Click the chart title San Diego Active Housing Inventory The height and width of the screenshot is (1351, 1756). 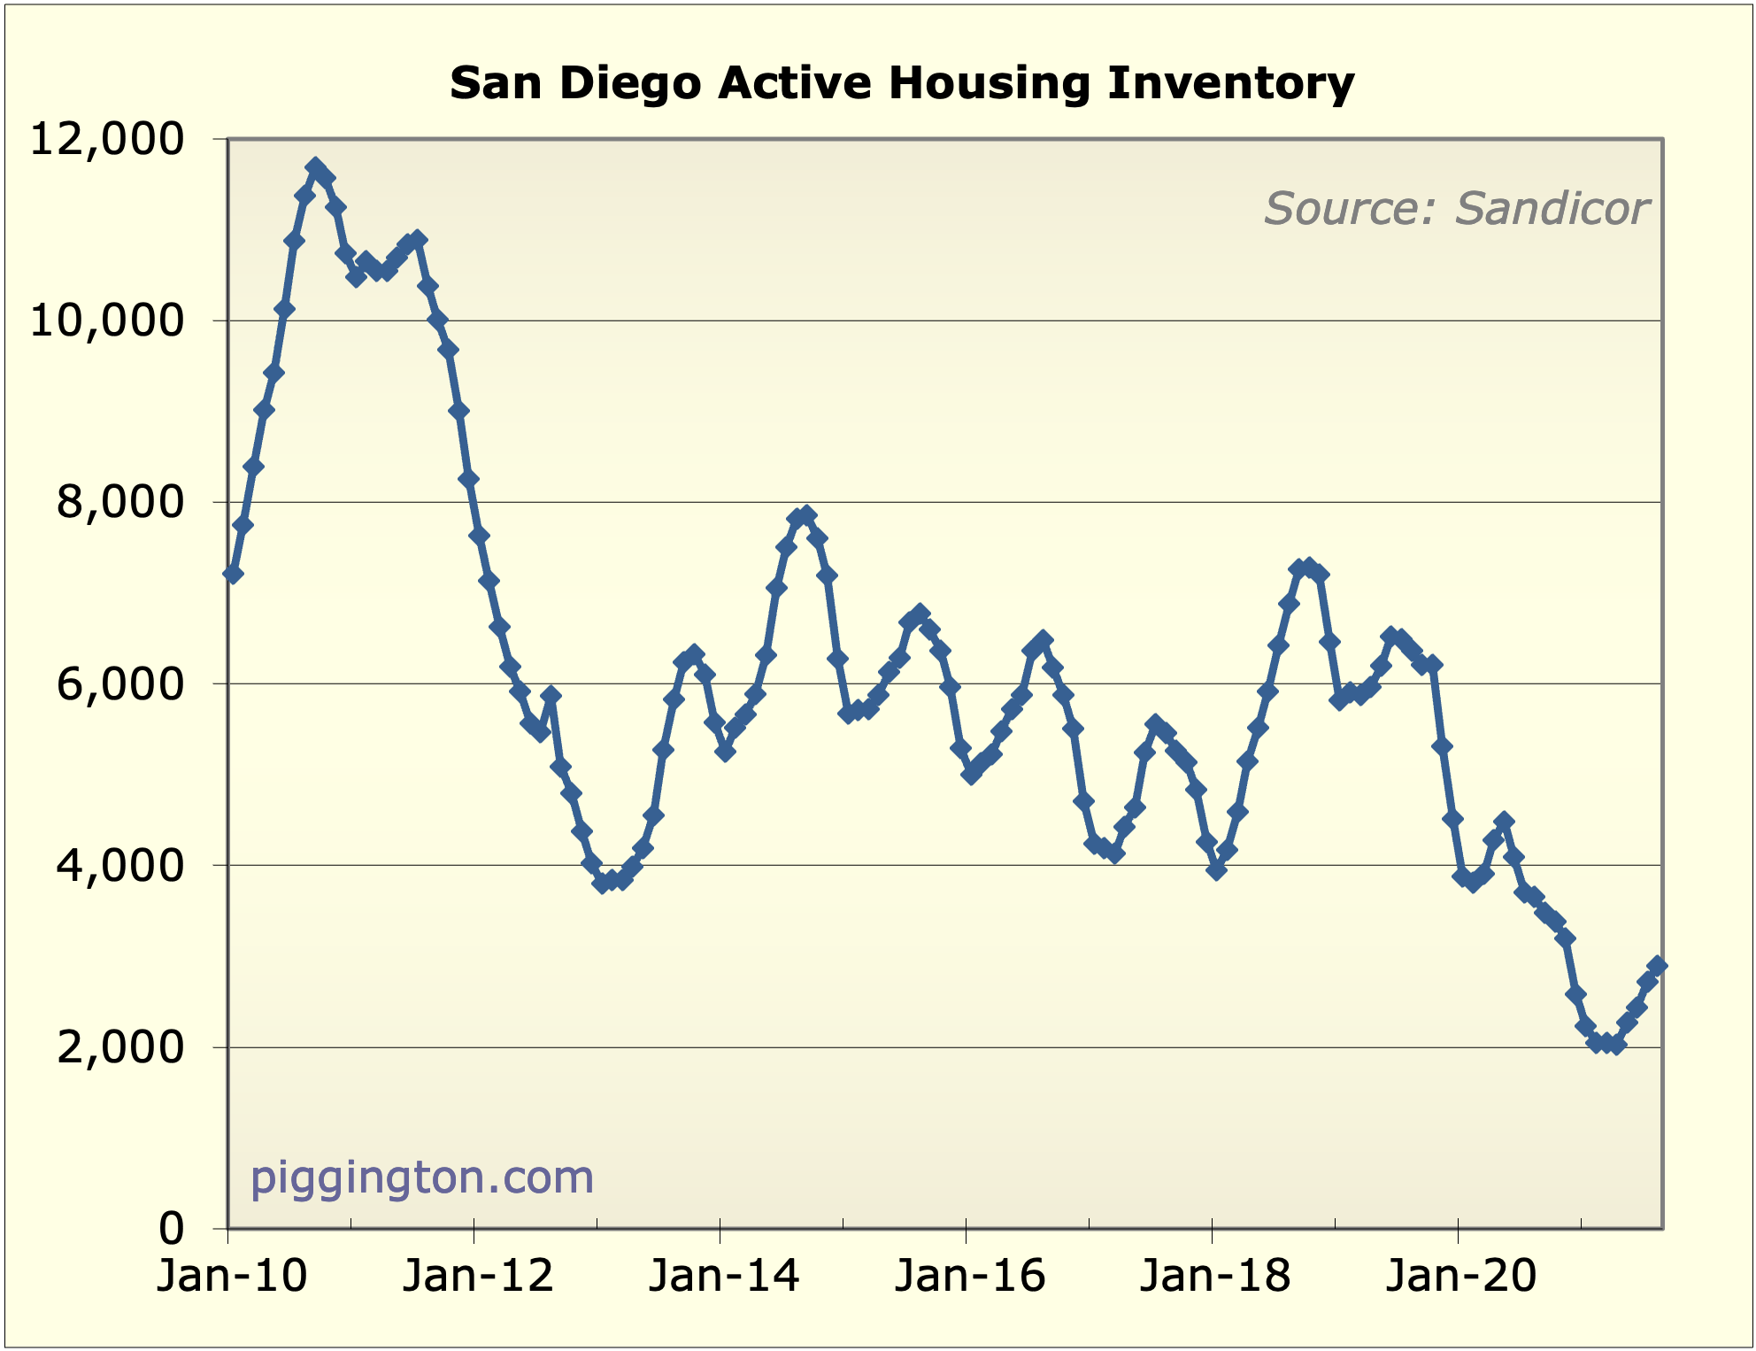click(901, 83)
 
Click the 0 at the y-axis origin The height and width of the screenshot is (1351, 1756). click(171, 1229)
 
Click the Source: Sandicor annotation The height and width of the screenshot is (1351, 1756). click(1456, 209)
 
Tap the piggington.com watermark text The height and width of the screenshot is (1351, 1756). click(421, 1177)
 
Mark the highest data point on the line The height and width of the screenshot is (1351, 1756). click(315, 166)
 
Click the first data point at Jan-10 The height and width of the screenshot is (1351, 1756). click(233, 575)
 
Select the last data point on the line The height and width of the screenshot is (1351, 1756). click(1657, 966)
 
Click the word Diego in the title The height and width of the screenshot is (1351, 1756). click(629, 83)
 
